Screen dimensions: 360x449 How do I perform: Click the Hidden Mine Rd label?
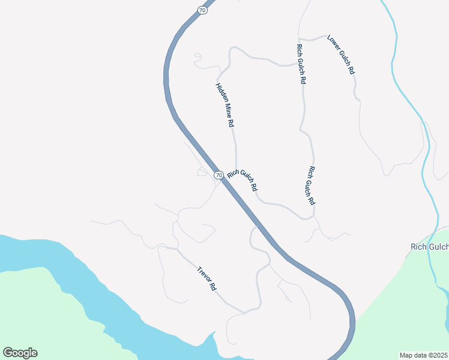(224, 104)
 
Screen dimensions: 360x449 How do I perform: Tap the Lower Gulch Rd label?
(341, 55)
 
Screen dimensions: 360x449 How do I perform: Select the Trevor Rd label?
(206, 279)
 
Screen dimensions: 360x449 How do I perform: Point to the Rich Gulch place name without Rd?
(429, 247)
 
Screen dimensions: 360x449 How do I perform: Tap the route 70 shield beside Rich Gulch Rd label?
(218, 175)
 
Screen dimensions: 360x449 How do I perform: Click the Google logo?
(20, 353)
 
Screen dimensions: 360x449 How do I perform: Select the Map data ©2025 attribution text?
(424, 355)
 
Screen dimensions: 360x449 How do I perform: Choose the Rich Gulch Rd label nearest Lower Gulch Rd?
(301, 63)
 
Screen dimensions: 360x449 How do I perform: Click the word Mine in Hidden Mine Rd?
(225, 106)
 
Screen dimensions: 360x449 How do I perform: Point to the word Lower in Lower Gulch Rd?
(334, 44)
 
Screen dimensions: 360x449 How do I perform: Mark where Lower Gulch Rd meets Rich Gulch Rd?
(300, 38)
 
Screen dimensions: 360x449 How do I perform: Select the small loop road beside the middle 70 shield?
(202, 173)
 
